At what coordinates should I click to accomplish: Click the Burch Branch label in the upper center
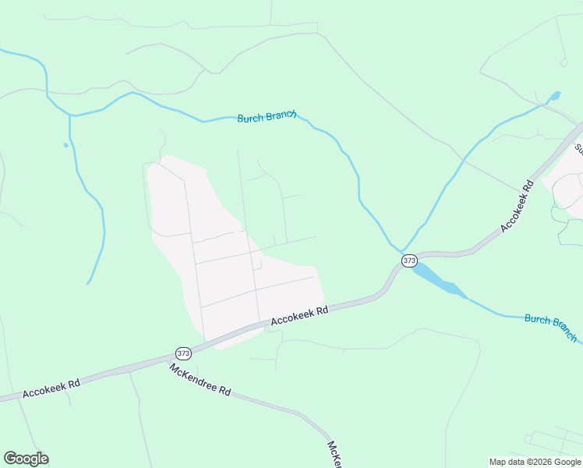coord(267,116)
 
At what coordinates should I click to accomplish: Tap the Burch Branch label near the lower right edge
coord(551,328)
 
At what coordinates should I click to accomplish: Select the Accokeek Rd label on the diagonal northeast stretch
coord(517,207)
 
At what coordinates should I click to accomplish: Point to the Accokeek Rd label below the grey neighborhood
coord(299,316)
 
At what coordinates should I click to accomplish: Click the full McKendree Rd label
coord(200,378)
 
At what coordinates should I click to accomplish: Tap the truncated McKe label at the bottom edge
coord(334,455)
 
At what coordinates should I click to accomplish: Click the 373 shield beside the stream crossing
coord(410,260)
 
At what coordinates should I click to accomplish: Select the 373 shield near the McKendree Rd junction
coord(183,352)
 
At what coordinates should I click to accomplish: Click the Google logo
coord(26,459)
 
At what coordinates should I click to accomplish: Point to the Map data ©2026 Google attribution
coord(535,462)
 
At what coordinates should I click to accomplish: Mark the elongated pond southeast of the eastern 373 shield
coord(439,280)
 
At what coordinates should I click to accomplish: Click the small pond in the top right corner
coord(555,97)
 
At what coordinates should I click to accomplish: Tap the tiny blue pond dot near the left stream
coord(65,145)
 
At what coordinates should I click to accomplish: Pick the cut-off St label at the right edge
coord(578,147)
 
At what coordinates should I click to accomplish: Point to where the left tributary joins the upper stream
coord(71,115)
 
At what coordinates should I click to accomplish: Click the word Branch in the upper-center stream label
coord(282,115)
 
